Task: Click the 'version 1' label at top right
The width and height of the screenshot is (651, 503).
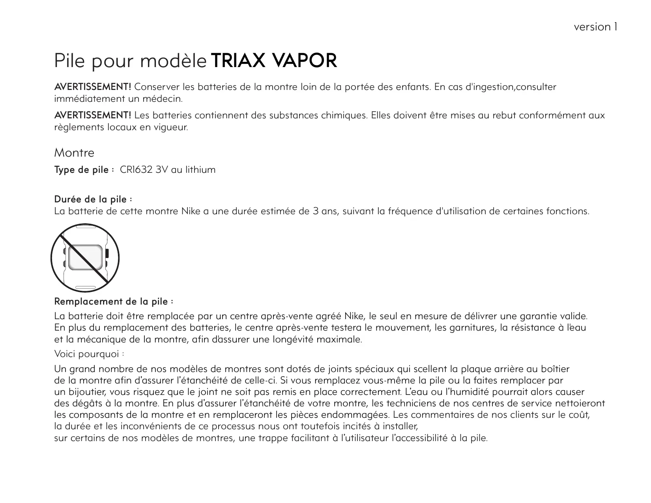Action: [595, 27]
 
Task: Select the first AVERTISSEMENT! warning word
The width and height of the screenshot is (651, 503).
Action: [93, 87]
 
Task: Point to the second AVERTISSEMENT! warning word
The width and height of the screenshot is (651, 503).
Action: [93, 116]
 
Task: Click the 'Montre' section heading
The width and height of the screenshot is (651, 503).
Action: [74, 153]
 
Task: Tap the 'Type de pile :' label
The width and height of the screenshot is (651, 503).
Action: [84, 170]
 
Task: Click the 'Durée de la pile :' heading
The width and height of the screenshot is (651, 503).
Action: [93, 199]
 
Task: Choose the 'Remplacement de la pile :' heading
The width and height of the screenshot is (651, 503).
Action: [114, 302]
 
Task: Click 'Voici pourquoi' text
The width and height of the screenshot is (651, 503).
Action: [86, 354]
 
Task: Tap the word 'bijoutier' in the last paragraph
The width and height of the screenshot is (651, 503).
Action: [86, 392]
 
